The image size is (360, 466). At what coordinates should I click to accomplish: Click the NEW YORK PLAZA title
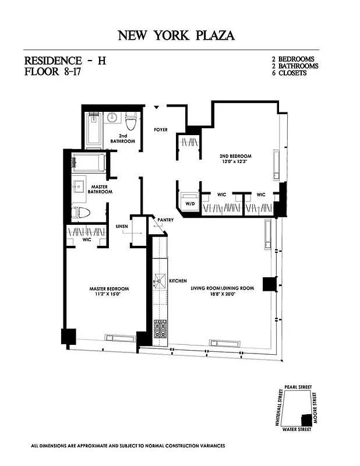coord(177,36)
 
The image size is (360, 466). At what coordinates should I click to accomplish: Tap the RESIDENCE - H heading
coord(65,61)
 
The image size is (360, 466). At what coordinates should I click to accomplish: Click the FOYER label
coord(161,129)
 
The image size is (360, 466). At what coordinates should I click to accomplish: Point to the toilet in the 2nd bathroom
coord(130,121)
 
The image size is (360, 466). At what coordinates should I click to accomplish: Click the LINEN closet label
coord(122,226)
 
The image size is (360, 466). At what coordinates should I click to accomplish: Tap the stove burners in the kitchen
coord(160,329)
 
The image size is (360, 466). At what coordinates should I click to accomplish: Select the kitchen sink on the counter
coord(158,283)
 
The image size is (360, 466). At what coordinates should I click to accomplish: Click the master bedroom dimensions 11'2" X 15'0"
coord(109,294)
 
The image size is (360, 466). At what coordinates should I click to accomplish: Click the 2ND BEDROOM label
coord(235,157)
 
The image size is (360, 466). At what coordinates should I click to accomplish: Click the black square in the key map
coord(305,420)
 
